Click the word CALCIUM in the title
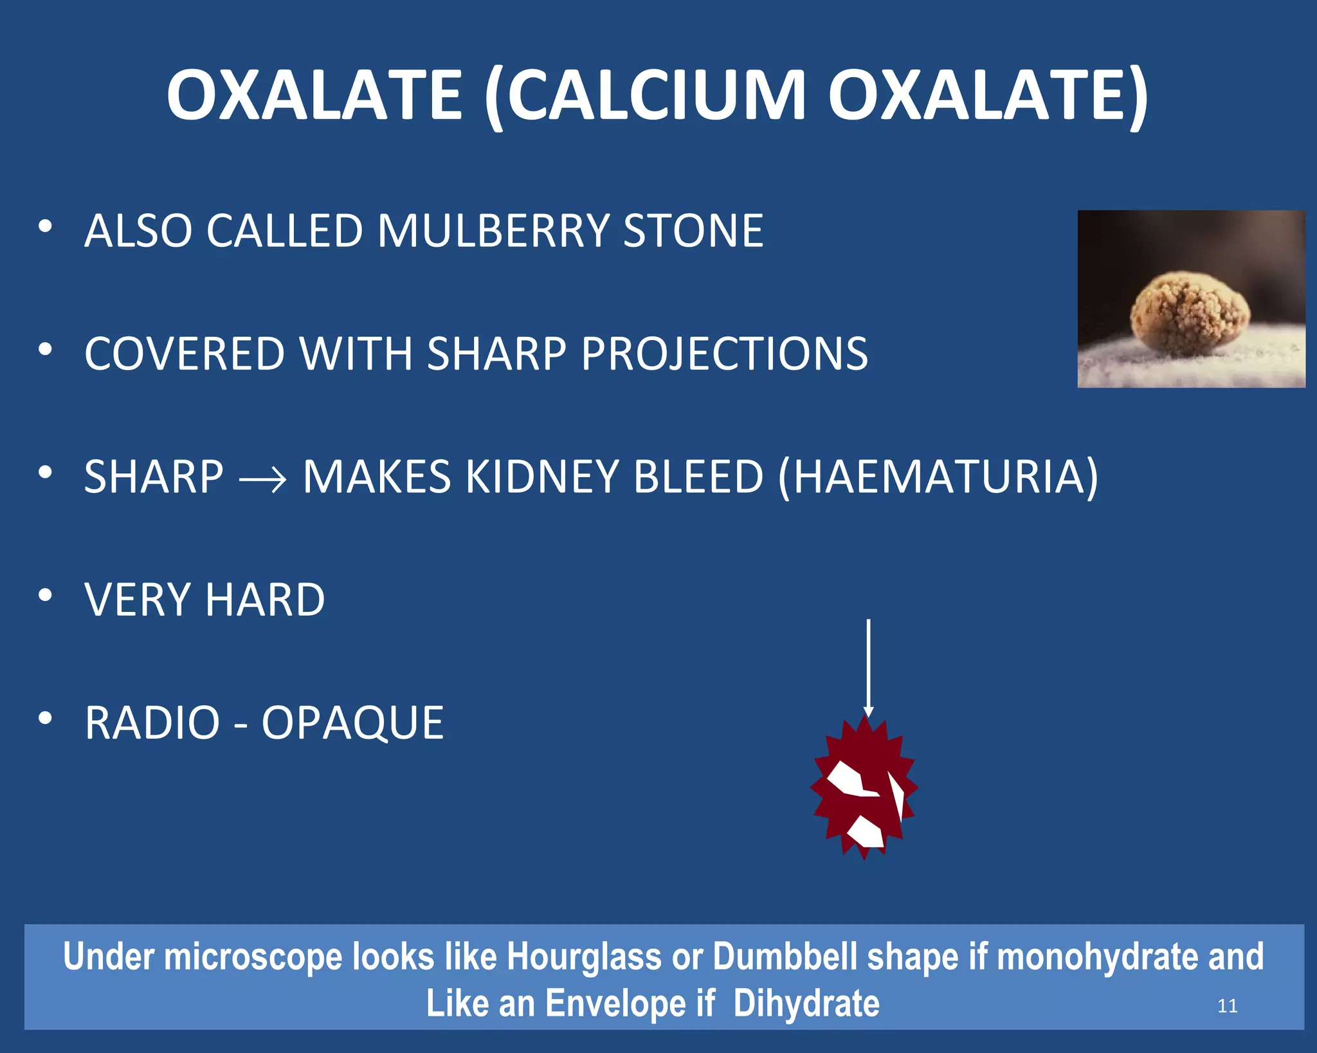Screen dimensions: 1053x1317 tap(656, 96)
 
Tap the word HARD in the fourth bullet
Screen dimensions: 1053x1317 tap(265, 600)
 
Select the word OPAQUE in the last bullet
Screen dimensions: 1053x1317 tap(352, 723)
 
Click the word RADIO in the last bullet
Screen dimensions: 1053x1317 tap(153, 723)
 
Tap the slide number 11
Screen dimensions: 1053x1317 tap(1227, 1005)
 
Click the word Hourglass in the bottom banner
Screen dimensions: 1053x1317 tap(584, 957)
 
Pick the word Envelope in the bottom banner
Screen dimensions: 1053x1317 tap(615, 1004)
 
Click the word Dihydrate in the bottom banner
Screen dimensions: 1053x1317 tap(806, 1004)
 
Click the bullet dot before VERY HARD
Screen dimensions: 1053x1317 tap(44, 595)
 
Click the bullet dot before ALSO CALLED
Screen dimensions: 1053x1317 tap(44, 226)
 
